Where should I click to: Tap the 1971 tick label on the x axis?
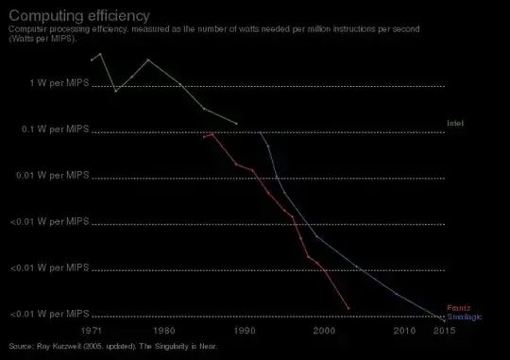click(92, 331)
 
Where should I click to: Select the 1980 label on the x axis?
click(164, 331)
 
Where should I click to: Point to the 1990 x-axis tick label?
click(245, 331)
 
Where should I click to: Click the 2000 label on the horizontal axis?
click(324, 331)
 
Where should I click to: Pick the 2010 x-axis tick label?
click(404, 331)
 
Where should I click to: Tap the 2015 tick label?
click(444, 331)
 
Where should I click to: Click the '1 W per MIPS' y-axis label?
click(61, 83)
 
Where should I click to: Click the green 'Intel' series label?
click(455, 124)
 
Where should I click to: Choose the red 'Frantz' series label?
click(459, 308)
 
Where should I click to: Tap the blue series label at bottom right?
click(465, 317)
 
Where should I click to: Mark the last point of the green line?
click(236, 124)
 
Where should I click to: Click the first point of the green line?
click(92, 60)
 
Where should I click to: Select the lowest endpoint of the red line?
click(348, 309)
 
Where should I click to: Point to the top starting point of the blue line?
click(261, 132)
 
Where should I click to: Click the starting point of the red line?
click(204, 137)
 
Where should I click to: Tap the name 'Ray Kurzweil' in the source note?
click(59, 346)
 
